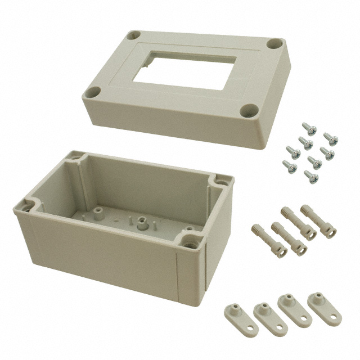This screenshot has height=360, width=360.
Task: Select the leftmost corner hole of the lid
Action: (94, 91)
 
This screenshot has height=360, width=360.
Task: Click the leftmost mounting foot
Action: (233, 313)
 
